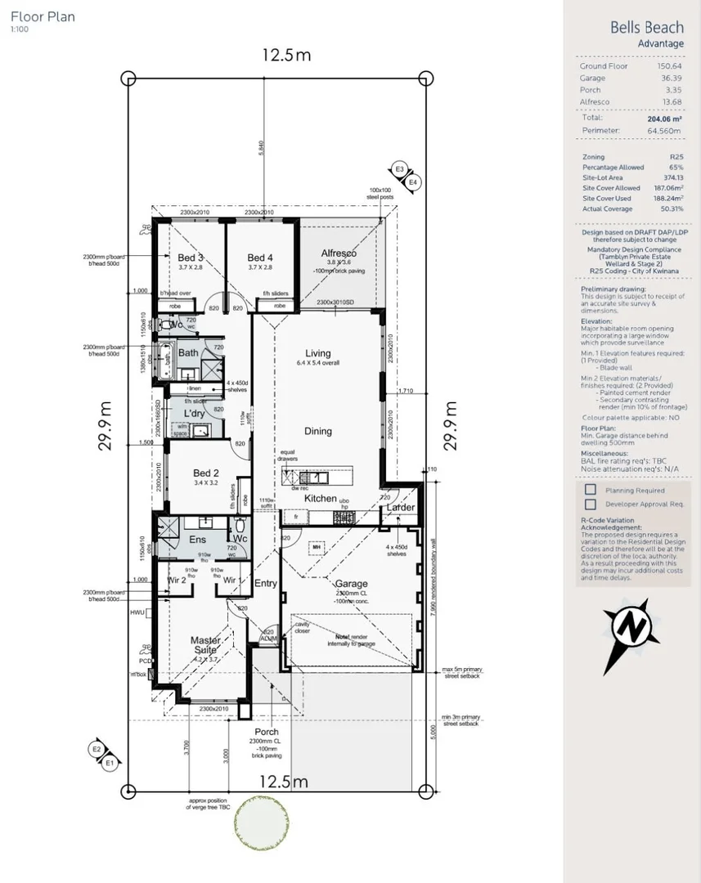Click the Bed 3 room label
coord(191,258)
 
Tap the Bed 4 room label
coord(260,258)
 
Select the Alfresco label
coord(339,253)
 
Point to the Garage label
coord(352,584)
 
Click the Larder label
coord(401,508)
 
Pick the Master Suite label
coord(206,646)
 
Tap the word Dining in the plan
coord(318,431)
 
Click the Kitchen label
coord(320,498)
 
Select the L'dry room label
coord(194,414)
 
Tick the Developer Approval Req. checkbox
coord(590,504)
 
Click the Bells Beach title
coord(646,27)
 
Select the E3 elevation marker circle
coord(399,169)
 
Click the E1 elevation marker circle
coord(109,763)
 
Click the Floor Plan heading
coord(43,16)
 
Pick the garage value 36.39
coord(670,78)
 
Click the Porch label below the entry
coord(267,732)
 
